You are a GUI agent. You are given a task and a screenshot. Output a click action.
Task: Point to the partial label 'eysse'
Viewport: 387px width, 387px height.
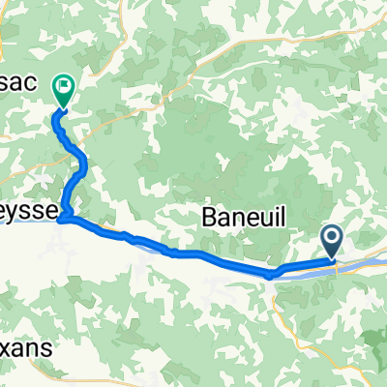[31, 212]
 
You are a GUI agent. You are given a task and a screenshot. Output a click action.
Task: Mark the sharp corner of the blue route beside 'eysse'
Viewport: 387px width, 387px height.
[61, 220]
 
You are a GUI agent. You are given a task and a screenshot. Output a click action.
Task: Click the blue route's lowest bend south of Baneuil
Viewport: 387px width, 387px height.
[270, 276]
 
